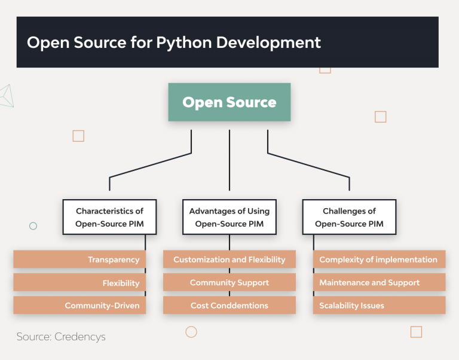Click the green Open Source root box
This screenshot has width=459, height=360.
[229, 102]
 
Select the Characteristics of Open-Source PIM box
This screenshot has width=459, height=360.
[109, 217]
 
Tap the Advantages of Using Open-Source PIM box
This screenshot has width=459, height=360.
[229, 217]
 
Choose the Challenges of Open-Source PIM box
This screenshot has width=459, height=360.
[349, 217]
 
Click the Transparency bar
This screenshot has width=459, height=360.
[79, 260]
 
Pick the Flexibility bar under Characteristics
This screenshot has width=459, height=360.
[79, 283]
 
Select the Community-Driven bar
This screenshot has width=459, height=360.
[79, 306]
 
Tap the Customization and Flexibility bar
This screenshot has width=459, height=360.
[229, 260]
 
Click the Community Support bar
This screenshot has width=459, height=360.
[229, 283]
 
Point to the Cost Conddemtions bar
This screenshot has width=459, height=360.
[229, 306]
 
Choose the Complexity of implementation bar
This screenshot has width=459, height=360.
[379, 260]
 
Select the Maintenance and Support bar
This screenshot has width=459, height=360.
[379, 283]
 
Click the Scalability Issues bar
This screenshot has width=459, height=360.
[379, 306]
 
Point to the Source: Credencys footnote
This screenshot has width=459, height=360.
[61, 337]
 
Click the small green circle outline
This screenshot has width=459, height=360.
[33, 226]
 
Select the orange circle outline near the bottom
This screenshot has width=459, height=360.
[191, 332]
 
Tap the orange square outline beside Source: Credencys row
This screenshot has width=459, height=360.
[416, 332]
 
